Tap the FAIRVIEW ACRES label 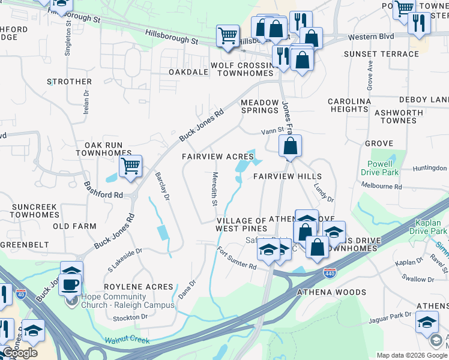(x=218, y=157)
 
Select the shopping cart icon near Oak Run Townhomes (x=130, y=166)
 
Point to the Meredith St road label (x=214, y=188)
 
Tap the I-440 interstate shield (x=330, y=272)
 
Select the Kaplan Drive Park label (x=429, y=226)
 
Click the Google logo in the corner (x=19, y=353)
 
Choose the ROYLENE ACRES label (x=139, y=287)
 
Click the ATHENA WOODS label (x=332, y=292)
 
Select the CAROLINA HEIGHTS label (x=349, y=105)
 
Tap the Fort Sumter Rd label (x=237, y=259)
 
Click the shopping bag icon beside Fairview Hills (x=290, y=146)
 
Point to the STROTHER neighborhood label (x=70, y=82)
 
